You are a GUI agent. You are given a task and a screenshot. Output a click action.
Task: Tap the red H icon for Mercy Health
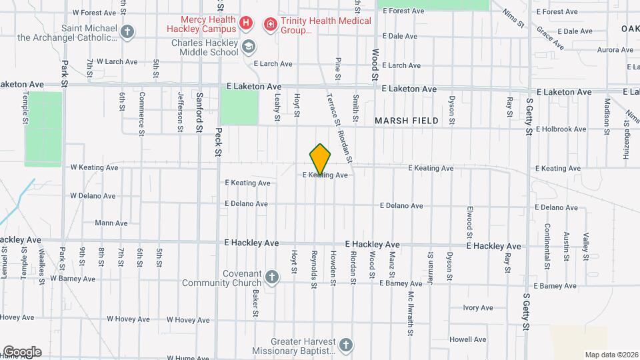click(x=246, y=25)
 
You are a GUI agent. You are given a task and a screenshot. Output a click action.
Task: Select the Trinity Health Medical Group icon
click(x=270, y=25)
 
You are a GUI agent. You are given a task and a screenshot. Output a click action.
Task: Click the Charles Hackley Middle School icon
click(x=249, y=47)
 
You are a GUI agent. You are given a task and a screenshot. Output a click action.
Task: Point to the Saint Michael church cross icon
click(x=127, y=31)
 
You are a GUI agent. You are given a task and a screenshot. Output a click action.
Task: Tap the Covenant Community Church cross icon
click(x=271, y=277)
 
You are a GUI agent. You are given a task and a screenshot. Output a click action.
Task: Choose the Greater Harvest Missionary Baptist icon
click(x=345, y=345)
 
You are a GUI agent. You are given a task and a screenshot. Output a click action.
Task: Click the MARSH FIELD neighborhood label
click(x=407, y=121)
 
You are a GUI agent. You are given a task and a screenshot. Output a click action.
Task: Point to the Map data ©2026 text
click(x=611, y=355)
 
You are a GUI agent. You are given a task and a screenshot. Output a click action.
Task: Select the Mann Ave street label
click(x=111, y=223)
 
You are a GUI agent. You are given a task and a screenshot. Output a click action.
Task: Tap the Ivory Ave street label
click(x=478, y=307)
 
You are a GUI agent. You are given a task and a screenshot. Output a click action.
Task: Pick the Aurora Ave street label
click(x=596, y=50)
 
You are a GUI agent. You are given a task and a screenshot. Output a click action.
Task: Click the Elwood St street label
click(x=469, y=223)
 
